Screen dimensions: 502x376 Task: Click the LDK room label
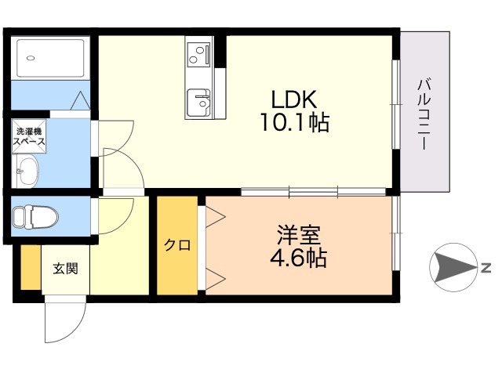point(294,99)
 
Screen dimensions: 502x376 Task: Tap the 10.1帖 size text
point(295,122)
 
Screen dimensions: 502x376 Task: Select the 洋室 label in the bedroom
point(298,235)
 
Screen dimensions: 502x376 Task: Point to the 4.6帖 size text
point(298,258)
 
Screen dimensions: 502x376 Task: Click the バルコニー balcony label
point(424,114)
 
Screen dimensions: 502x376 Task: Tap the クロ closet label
point(177,245)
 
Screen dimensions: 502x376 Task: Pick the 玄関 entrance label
point(65,269)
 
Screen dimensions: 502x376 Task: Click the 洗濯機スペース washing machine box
point(29,136)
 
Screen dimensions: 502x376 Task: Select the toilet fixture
point(35,216)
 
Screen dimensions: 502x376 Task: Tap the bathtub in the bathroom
point(50,58)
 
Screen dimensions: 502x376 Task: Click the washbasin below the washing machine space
point(25,171)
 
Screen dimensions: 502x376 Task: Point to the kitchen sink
point(198,103)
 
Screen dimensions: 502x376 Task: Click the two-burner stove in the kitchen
point(198,55)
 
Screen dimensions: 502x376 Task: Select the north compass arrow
point(455,268)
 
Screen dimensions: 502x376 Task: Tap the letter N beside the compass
point(486,268)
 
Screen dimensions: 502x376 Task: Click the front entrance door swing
point(65,319)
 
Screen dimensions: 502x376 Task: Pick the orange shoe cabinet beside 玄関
point(31,267)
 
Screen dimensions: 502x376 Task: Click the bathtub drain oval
point(31,58)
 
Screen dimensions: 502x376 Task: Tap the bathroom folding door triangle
point(80,101)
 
